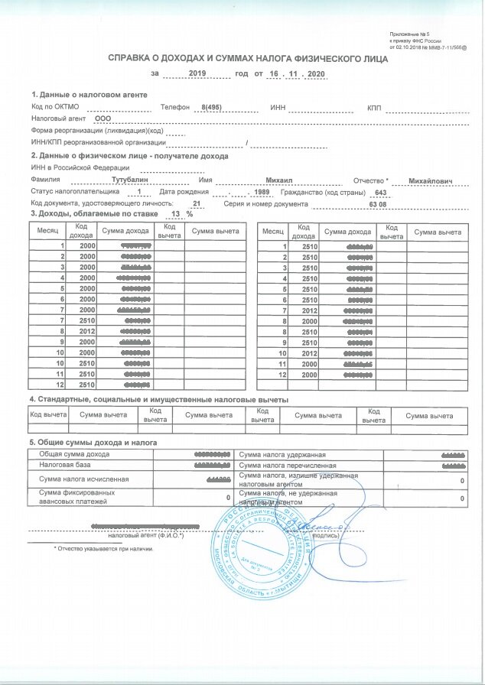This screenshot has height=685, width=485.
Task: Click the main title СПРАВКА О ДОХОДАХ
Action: [x=243, y=57]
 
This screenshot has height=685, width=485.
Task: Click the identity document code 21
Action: [x=197, y=204]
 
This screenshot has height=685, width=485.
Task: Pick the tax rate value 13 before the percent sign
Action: [x=177, y=215]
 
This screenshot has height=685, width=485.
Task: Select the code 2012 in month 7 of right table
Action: [x=309, y=311]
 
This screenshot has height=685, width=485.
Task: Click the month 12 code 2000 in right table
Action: [x=309, y=376]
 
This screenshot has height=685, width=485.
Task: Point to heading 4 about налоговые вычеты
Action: [x=158, y=400]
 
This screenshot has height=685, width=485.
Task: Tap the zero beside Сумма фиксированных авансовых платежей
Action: [x=228, y=498]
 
